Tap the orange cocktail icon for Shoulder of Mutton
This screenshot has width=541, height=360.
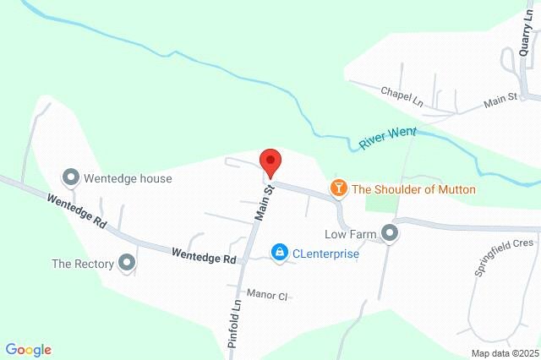(x=339, y=188)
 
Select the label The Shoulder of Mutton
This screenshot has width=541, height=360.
(x=413, y=190)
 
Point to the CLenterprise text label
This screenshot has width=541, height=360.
(x=325, y=253)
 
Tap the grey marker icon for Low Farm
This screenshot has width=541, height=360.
(x=390, y=232)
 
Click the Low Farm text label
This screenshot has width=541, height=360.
(x=349, y=233)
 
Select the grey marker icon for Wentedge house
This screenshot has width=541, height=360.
(x=72, y=177)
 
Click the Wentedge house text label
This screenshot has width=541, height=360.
(x=128, y=178)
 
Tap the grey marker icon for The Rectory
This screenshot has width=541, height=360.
(x=128, y=263)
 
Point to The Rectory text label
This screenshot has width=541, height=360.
(x=83, y=264)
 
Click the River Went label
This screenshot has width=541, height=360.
(x=389, y=138)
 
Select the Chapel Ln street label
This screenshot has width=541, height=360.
(x=401, y=95)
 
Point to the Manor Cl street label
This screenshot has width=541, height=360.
(x=268, y=295)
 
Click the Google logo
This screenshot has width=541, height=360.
(x=28, y=350)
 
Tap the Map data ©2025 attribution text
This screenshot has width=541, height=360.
(x=505, y=353)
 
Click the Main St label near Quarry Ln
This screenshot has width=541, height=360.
(x=500, y=101)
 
